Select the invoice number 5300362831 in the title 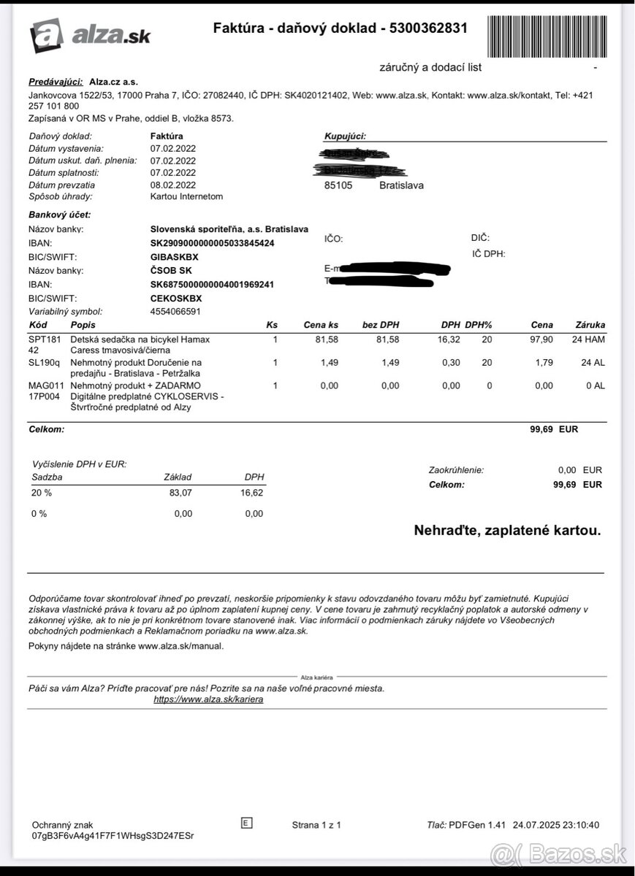pyautogui.click(x=429, y=28)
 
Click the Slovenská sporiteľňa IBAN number pyautogui.click(x=212, y=243)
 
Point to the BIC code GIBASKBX pyautogui.click(x=175, y=257)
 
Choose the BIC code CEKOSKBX pyautogui.click(x=176, y=299)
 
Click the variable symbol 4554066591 pyautogui.click(x=175, y=312)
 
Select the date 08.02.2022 pyautogui.click(x=173, y=185)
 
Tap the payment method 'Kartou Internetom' pyautogui.click(x=186, y=196)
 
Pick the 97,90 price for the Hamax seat pyautogui.click(x=542, y=339)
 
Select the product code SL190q pyautogui.click(x=44, y=363)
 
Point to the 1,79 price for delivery pyautogui.click(x=544, y=363)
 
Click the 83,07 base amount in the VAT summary pyautogui.click(x=180, y=493)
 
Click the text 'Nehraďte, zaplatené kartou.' pyautogui.click(x=507, y=531)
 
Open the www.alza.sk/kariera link pyautogui.click(x=208, y=699)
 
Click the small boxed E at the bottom pyautogui.click(x=246, y=823)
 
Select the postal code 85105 pyautogui.click(x=338, y=185)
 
